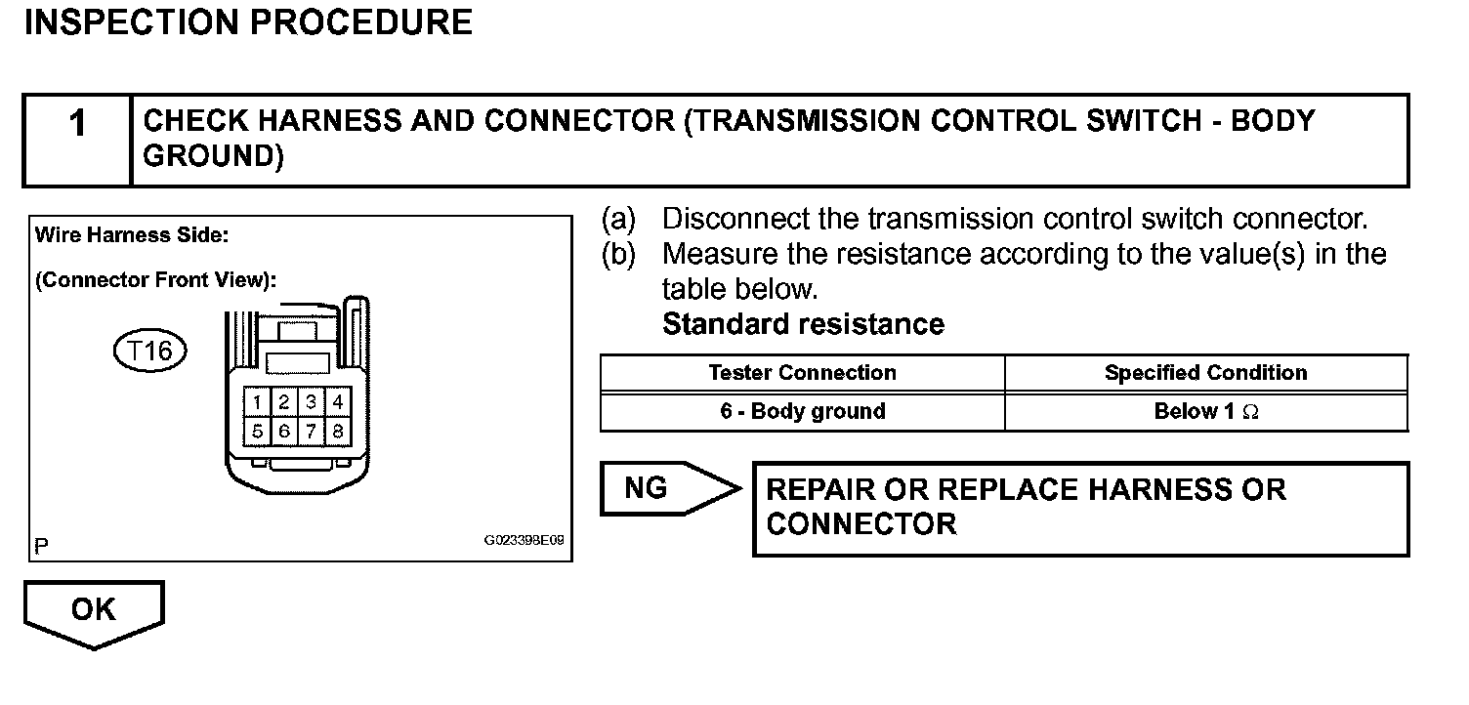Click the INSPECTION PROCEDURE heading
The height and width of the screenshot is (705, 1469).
(248, 22)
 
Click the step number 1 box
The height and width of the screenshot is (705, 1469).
(77, 140)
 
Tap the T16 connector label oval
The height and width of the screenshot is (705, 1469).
(149, 352)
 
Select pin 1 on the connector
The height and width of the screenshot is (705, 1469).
(256, 401)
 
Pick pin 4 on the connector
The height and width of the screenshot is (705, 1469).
(337, 401)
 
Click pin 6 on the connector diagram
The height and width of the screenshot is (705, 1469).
(283, 430)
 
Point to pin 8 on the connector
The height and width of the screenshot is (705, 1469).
(337, 430)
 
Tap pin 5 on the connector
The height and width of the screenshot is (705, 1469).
(256, 430)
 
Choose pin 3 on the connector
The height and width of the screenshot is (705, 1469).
(311, 401)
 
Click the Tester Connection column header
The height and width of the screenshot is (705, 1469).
(802, 373)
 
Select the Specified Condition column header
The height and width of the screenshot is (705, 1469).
(1205, 373)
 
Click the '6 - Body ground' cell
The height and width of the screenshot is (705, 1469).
(802, 411)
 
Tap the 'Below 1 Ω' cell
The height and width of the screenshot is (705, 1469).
(1205, 411)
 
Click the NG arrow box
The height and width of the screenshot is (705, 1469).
(660, 487)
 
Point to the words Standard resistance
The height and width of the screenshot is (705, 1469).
(803, 324)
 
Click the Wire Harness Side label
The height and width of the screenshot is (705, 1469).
(131, 235)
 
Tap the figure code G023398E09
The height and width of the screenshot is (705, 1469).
(524, 540)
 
